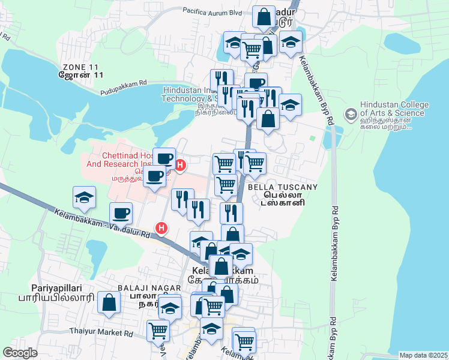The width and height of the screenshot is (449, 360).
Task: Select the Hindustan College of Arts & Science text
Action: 394,108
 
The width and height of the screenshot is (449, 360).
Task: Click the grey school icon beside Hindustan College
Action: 350,113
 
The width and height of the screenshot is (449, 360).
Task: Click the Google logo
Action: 20,352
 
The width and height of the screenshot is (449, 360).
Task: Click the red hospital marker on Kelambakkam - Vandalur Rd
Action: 161,228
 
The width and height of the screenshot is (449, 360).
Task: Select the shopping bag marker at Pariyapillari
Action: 108,303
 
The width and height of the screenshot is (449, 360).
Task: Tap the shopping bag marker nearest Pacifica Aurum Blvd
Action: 264,16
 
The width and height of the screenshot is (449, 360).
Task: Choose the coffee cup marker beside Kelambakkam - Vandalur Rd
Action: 121,212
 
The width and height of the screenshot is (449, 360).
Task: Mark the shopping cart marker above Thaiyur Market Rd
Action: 157,329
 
